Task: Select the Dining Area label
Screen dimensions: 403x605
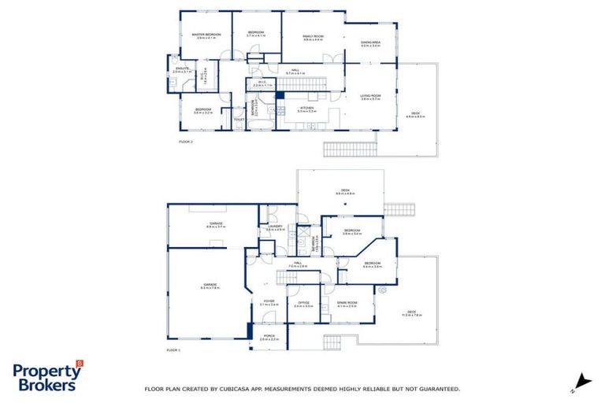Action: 370,44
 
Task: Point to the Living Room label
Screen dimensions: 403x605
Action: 370,96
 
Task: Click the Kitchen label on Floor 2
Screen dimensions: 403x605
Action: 307,109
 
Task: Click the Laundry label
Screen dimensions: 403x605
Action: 275,227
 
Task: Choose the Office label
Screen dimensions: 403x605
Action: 303,304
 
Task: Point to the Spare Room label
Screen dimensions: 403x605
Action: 347,304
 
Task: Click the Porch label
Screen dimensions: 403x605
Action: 269,338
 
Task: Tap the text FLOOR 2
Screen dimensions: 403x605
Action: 186,142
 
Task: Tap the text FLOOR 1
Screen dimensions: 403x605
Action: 174,349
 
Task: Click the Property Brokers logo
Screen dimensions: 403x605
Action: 47,376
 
